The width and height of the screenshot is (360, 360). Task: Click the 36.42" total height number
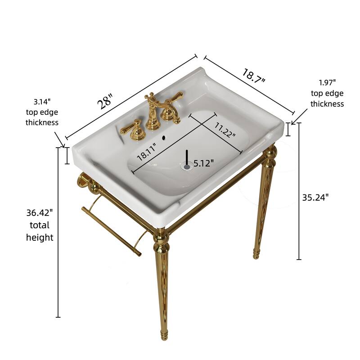(40, 211)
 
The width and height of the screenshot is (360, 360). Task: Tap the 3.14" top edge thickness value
(41, 102)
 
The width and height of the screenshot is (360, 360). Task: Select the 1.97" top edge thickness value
(327, 82)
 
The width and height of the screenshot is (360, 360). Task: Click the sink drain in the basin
(187, 166)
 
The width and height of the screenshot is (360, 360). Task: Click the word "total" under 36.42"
(40, 225)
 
